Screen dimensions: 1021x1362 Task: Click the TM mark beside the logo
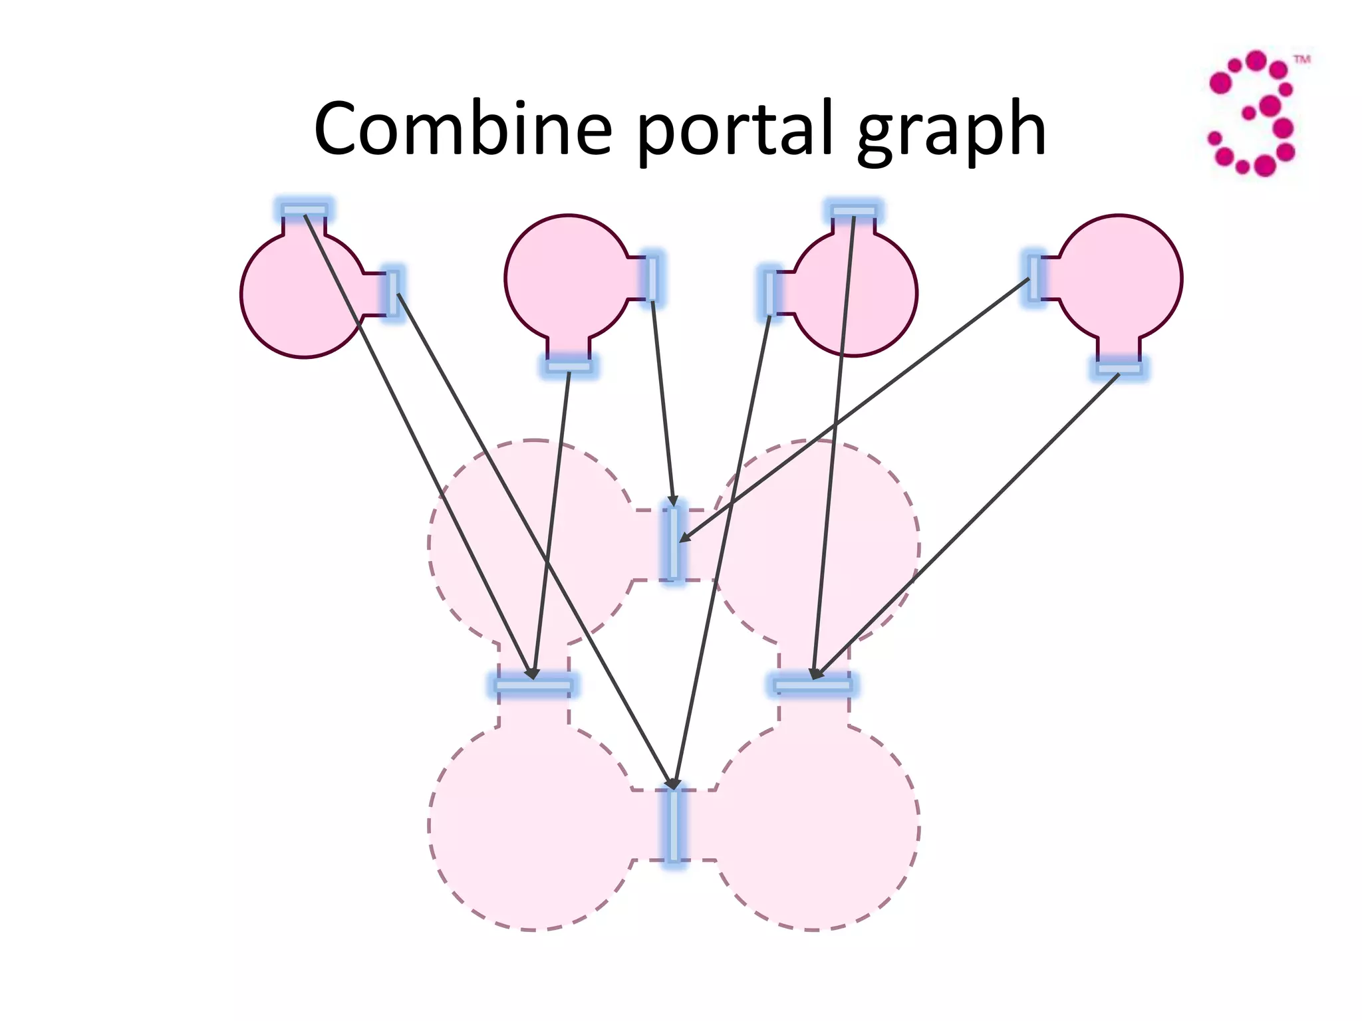pos(1301,60)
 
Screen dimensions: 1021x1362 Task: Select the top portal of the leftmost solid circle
pos(304,211)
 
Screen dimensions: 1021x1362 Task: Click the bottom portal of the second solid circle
pos(569,366)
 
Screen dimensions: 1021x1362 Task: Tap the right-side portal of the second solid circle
pos(652,278)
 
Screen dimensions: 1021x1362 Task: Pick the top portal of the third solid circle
pos(854,211)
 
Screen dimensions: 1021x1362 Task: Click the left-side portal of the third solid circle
pos(770,293)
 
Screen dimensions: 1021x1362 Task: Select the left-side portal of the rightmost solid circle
pos(1035,278)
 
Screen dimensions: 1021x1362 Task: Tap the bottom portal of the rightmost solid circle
pos(1119,368)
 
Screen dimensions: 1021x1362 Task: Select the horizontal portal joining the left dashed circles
pos(533,685)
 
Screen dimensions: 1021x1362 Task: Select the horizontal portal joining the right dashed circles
pos(813,685)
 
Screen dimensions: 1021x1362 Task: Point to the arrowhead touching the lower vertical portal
pos(674,784)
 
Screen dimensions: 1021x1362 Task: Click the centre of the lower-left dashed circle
pos(532,828)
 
